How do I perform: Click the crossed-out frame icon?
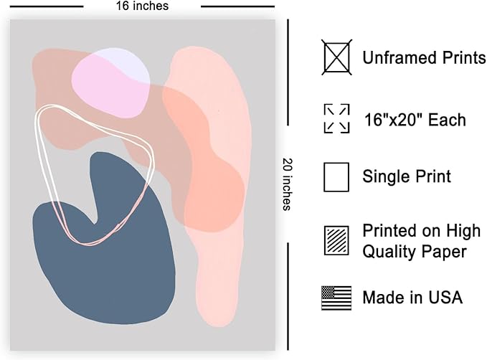click(336, 57)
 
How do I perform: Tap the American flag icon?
click(336, 298)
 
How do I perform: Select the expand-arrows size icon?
click(336, 118)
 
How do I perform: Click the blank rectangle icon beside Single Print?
click(336, 177)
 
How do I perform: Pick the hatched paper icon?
click(336, 240)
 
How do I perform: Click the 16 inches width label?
click(142, 6)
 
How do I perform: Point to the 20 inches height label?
click(288, 184)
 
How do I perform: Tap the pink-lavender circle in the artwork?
click(111, 83)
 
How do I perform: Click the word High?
click(463, 231)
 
